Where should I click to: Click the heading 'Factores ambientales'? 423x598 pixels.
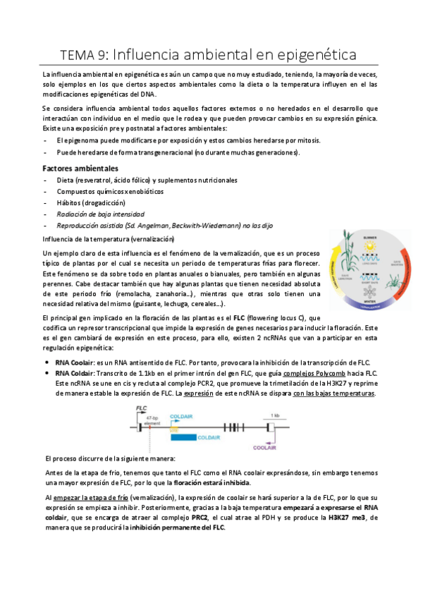tap(80, 169)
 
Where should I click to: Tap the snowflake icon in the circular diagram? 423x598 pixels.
tap(367, 291)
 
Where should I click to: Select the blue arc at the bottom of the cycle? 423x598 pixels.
tap(366, 305)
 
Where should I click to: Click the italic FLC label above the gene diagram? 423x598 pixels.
tap(142, 408)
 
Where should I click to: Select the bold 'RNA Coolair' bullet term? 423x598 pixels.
tap(74, 361)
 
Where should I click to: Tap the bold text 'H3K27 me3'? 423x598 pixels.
tap(348, 517)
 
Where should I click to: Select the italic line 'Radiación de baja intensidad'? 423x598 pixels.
tap(100, 214)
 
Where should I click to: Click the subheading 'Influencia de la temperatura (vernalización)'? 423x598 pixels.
tap(110, 239)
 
